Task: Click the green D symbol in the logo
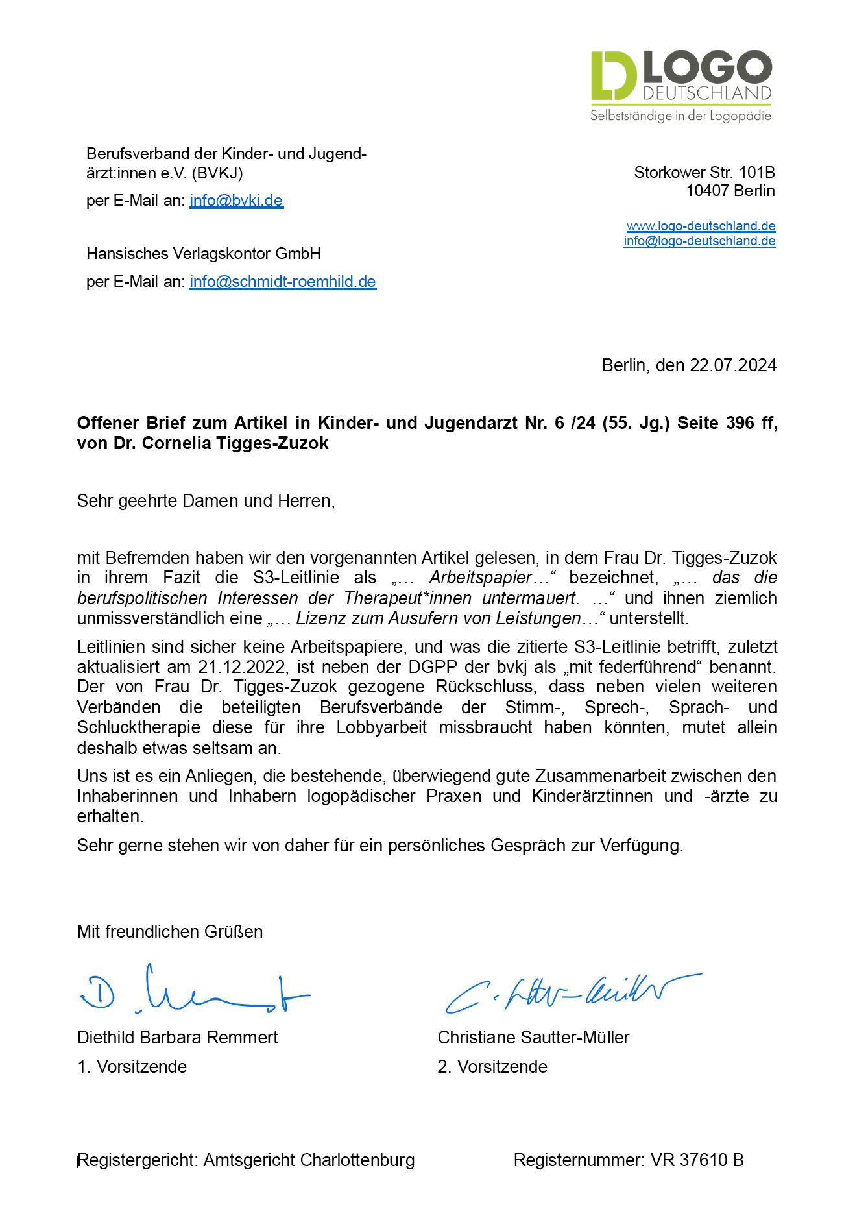point(613,75)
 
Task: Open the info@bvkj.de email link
point(236,201)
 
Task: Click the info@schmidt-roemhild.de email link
point(283,282)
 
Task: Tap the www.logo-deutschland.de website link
point(701,226)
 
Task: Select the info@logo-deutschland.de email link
point(699,241)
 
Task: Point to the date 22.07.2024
point(733,365)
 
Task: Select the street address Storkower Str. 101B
point(704,173)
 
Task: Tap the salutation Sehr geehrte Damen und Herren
point(206,501)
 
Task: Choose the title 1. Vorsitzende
point(132,1067)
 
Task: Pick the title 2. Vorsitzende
point(492,1067)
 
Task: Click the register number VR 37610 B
point(697,1160)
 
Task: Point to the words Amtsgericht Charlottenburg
point(309,1160)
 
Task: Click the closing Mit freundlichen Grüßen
point(170,932)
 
